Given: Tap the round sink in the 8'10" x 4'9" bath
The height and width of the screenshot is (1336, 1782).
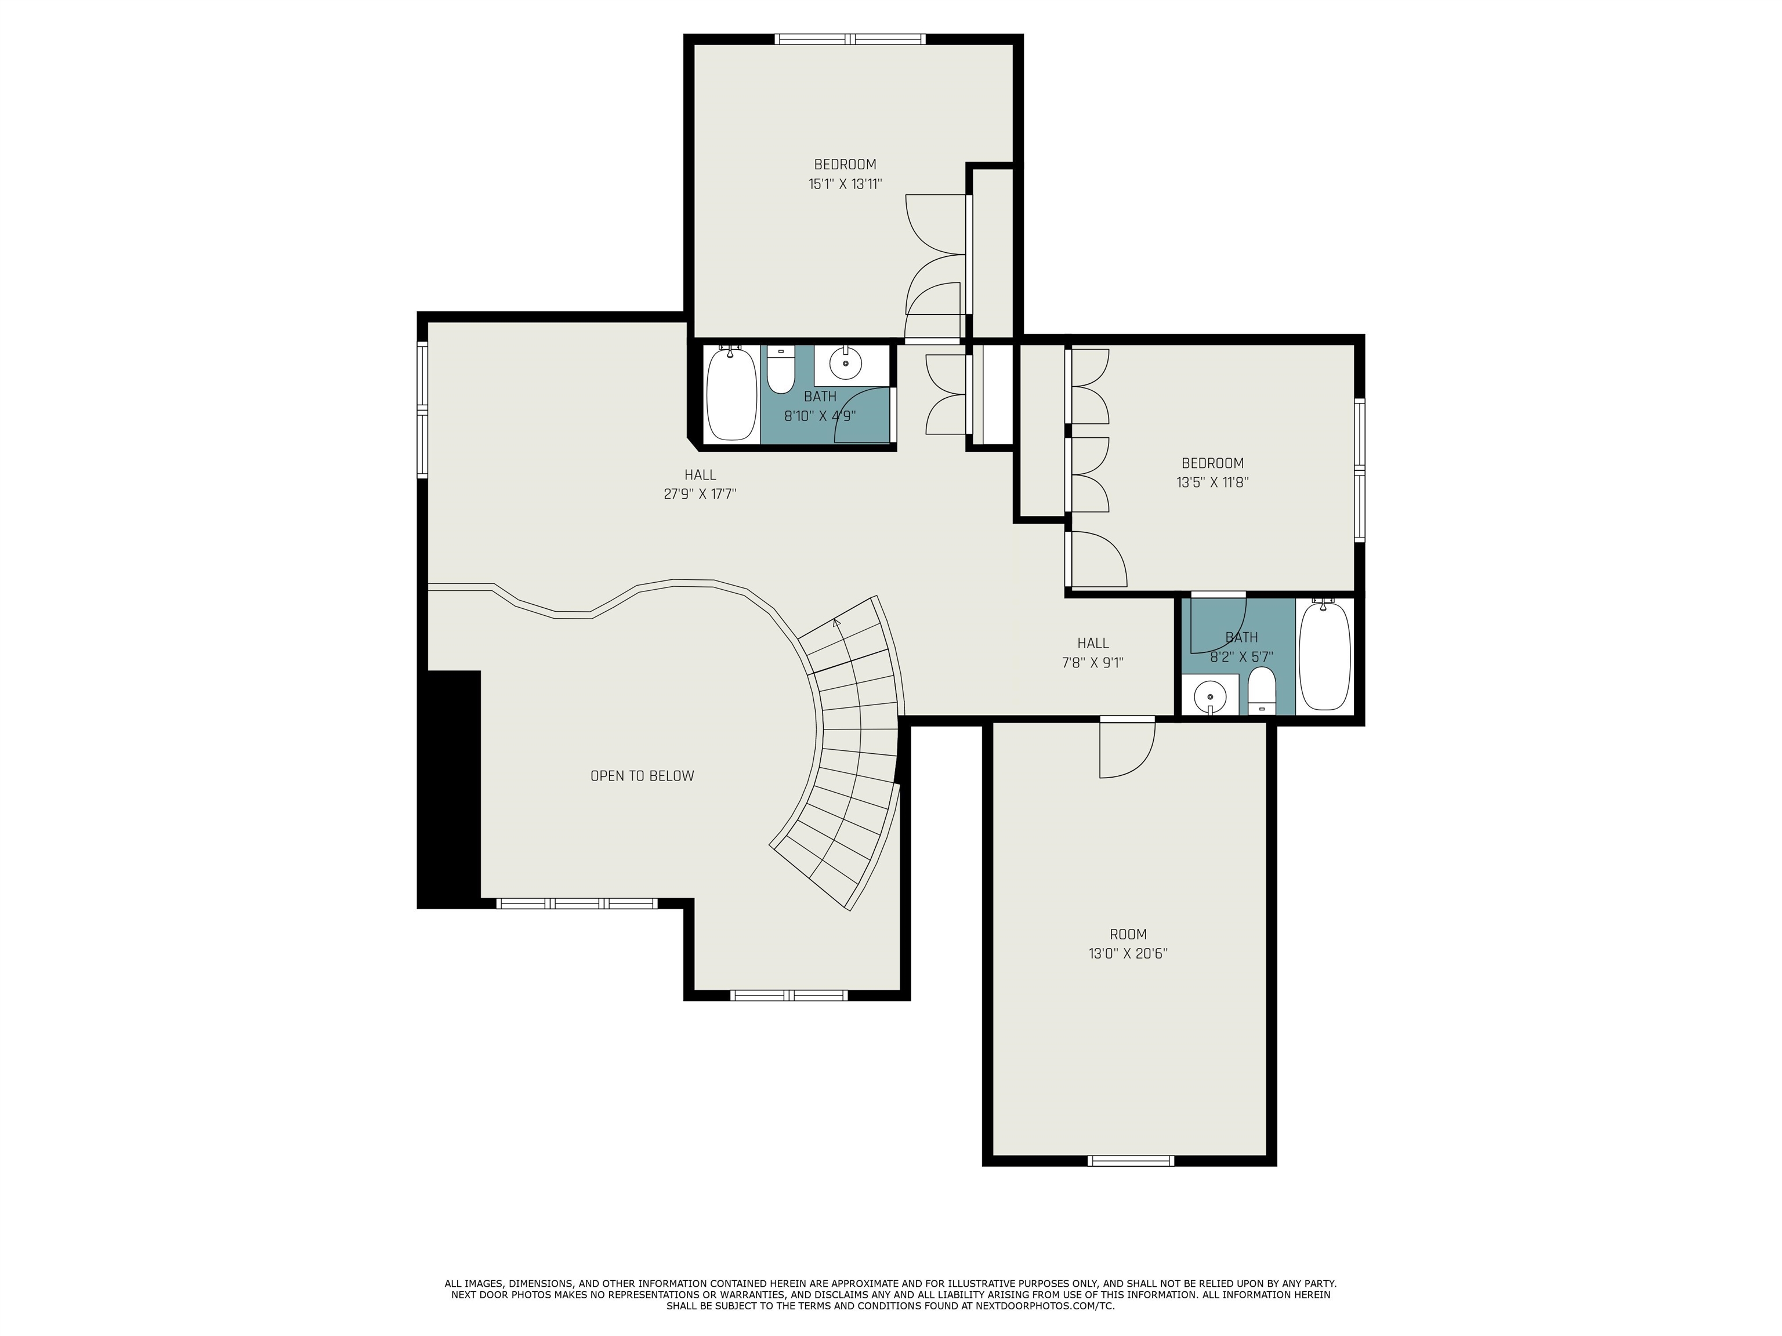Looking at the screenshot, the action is click(x=846, y=363).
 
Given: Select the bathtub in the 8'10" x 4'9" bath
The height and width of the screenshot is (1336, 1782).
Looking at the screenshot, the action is click(x=731, y=393).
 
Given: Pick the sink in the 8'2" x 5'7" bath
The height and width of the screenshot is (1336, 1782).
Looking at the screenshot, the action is click(x=1210, y=696).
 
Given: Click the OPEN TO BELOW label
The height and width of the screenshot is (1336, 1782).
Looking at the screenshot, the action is click(x=642, y=775).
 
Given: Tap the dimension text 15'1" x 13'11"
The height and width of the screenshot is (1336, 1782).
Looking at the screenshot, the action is click(x=845, y=184).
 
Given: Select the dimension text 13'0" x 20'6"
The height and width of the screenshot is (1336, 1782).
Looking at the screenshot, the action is click(x=1128, y=953).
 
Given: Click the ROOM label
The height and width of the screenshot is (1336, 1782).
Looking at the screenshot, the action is click(x=1128, y=934).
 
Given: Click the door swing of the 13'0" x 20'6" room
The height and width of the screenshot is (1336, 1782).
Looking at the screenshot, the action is click(x=1128, y=749).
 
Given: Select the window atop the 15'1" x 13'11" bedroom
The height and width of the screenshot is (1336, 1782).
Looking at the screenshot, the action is click(x=851, y=39).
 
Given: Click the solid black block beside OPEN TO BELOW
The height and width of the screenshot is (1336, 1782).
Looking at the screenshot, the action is click(x=449, y=789).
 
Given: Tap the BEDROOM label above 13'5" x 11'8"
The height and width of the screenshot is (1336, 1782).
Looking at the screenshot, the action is click(x=1212, y=463).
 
